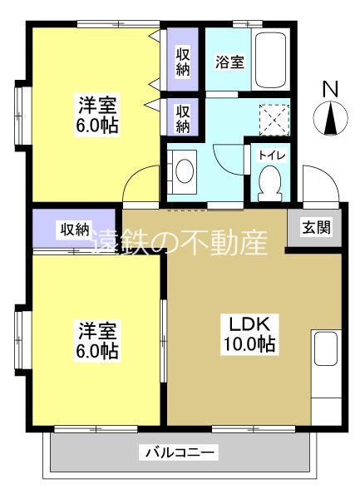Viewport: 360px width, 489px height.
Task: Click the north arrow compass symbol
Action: pos(330,120)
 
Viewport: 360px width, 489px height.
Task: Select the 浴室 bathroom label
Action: pos(229,62)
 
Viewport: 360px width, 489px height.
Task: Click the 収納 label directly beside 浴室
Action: pos(183,60)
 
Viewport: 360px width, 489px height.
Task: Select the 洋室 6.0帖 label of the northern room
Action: pos(97,115)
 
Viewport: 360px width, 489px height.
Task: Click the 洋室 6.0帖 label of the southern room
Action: pos(97,339)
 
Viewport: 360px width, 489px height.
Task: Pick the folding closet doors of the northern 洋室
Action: pos(154,71)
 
